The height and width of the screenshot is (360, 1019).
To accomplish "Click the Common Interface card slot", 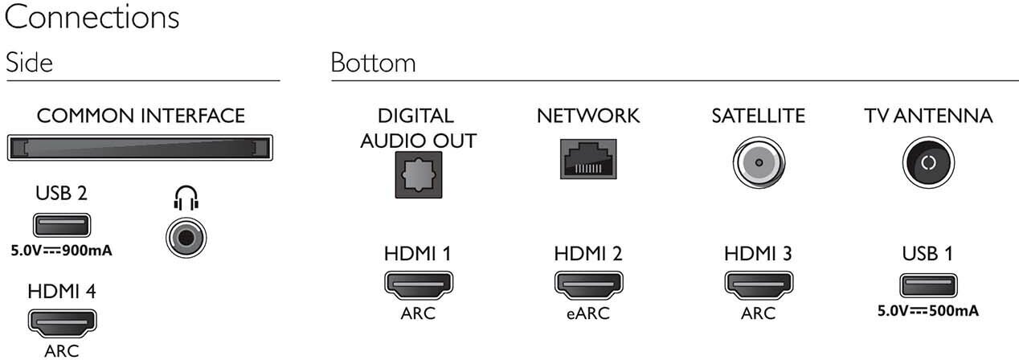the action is pyautogui.click(x=140, y=149).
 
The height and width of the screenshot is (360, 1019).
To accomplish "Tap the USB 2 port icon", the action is pyautogui.click(x=61, y=226).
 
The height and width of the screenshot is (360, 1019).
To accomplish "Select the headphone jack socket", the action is pyautogui.click(x=186, y=239).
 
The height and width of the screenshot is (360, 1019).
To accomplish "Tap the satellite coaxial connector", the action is pyautogui.click(x=757, y=162).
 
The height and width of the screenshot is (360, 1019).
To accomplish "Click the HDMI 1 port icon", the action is pyautogui.click(x=418, y=285).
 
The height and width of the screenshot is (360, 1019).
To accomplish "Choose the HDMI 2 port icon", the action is pyautogui.click(x=587, y=285).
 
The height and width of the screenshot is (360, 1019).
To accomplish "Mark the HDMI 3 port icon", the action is pyautogui.click(x=758, y=285).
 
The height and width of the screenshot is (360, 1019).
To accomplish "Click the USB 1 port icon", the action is pyautogui.click(x=927, y=284).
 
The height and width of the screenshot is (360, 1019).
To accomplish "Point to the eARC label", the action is pyautogui.click(x=587, y=313).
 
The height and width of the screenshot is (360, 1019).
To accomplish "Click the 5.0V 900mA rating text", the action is pyautogui.click(x=61, y=250).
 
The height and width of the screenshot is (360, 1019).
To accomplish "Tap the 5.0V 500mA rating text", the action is pyautogui.click(x=928, y=309).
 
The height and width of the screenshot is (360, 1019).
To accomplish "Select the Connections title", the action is pyautogui.click(x=92, y=18).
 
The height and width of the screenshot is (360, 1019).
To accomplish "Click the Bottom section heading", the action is pyautogui.click(x=373, y=63).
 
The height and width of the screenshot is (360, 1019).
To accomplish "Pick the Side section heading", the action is pyautogui.click(x=29, y=63).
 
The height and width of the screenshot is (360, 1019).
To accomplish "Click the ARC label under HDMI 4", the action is pyautogui.click(x=62, y=350).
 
